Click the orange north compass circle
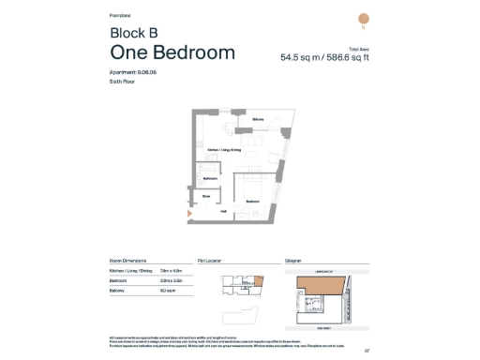(x=364, y=19)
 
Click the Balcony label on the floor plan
(x=257, y=120)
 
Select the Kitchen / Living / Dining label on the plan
(x=224, y=149)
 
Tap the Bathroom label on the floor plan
(x=211, y=178)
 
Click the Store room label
(x=206, y=196)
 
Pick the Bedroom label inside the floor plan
(x=252, y=202)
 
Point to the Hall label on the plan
(x=223, y=211)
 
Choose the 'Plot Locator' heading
(x=208, y=261)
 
